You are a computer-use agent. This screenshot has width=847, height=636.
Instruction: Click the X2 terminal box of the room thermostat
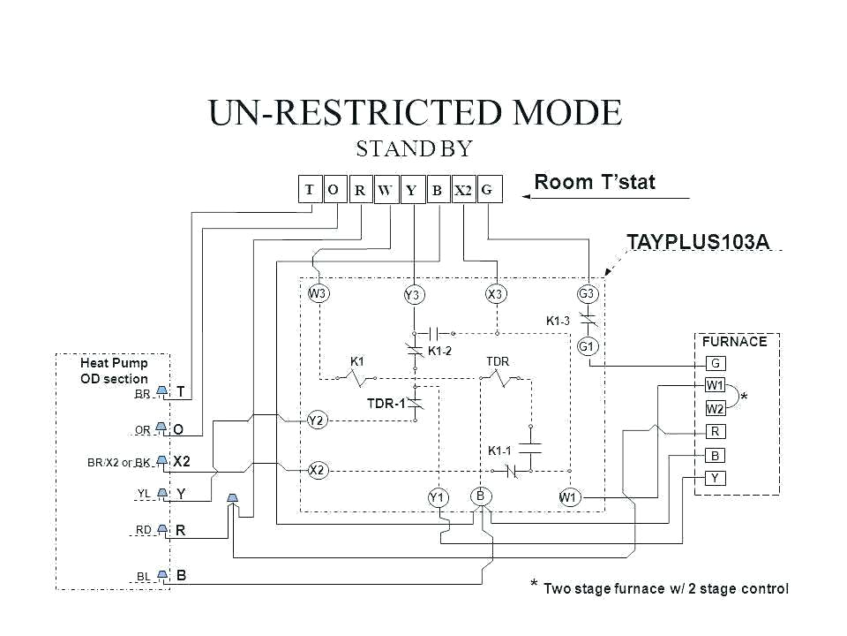(x=463, y=191)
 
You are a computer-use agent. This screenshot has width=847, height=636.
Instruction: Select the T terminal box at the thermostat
(x=310, y=189)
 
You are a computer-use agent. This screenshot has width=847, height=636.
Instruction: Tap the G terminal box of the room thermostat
(x=490, y=189)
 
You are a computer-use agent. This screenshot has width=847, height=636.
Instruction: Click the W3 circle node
(x=318, y=293)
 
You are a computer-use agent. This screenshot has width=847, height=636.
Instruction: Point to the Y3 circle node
(x=412, y=295)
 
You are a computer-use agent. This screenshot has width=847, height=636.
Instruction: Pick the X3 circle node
(x=495, y=293)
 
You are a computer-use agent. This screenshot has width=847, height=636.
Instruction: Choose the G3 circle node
(x=588, y=293)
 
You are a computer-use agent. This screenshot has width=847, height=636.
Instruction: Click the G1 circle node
(x=588, y=346)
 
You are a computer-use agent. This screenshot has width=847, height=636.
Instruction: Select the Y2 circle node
(x=318, y=420)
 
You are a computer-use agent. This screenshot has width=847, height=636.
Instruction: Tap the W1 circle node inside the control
(x=568, y=497)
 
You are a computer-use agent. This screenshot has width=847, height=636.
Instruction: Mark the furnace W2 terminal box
(x=716, y=408)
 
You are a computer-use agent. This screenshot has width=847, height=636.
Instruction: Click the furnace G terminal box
(x=716, y=363)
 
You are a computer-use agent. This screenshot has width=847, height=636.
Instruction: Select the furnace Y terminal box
(x=716, y=478)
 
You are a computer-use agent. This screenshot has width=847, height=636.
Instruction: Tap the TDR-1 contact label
(x=385, y=404)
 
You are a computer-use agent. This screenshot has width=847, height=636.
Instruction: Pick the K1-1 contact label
(x=500, y=450)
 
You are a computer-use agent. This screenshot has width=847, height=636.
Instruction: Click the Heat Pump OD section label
(x=114, y=370)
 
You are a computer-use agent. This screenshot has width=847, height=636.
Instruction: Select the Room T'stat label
(x=595, y=183)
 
